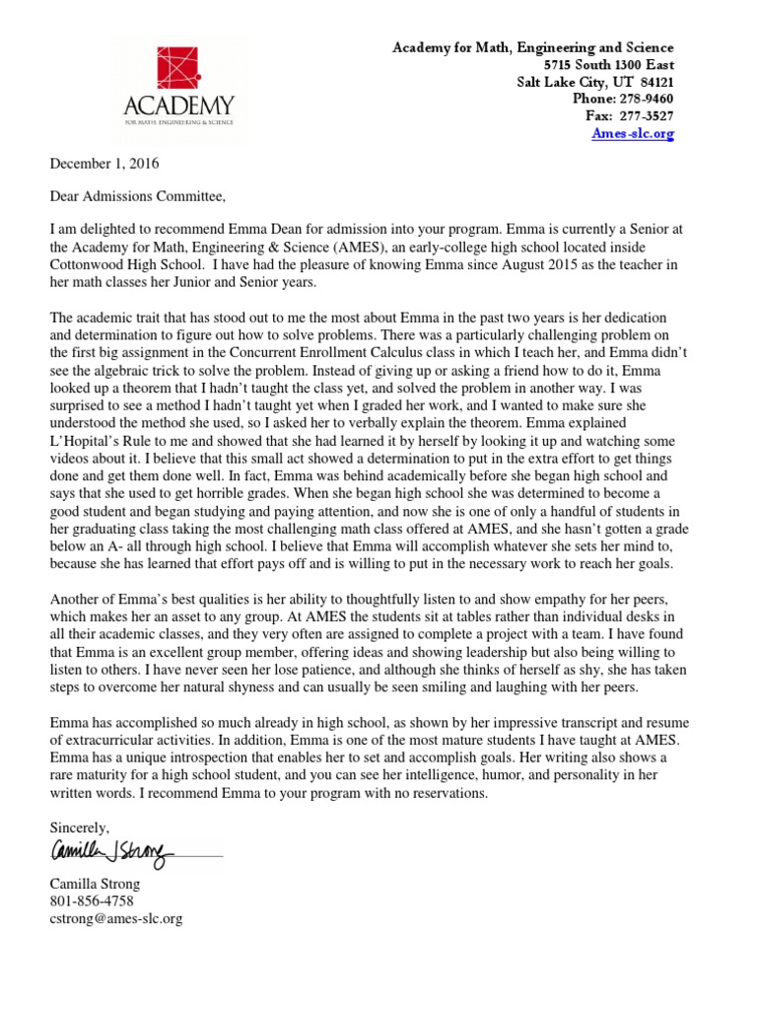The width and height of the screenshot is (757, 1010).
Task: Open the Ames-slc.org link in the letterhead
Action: [633, 134]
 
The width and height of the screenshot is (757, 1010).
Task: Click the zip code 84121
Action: [656, 82]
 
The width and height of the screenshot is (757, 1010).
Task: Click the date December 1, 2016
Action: [102, 164]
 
